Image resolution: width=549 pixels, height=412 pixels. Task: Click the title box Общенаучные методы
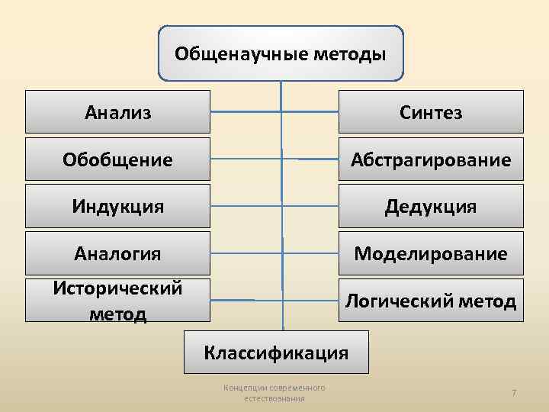tap(281, 53)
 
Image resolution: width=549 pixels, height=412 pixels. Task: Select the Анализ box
tap(117, 112)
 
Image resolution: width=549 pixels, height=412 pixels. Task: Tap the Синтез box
tap(431, 112)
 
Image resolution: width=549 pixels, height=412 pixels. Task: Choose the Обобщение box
tap(117, 159)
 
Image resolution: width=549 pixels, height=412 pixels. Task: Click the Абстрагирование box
tap(431, 159)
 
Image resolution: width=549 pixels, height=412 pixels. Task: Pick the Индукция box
tap(117, 206)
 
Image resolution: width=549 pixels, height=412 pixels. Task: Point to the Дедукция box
tap(431, 206)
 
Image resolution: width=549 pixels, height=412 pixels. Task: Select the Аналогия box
tap(117, 253)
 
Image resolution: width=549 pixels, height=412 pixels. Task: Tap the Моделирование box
tap(431, 253)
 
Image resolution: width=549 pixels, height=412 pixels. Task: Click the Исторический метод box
tap(117, 300)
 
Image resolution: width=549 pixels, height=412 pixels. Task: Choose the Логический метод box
tap(431, 300)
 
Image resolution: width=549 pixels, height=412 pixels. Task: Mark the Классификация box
tap(275, 352)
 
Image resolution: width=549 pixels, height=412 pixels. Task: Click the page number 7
tap(514, 392)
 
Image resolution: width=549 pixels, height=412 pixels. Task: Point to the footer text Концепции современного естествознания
tap(274, 393)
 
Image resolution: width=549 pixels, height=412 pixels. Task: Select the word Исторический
tap(117, 288)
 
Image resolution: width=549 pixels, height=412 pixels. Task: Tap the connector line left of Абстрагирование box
tap(316, 159)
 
